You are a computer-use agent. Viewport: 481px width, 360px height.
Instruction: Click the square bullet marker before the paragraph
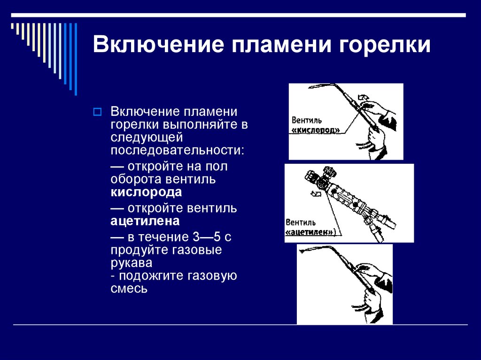(98, 112)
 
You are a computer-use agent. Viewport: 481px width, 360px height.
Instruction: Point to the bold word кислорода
(146, 193)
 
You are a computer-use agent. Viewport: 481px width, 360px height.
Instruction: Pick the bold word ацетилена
(145, 221)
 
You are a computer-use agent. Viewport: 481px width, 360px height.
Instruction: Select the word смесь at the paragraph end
(129, 289)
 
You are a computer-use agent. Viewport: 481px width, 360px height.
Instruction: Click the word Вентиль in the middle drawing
(301, 222)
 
